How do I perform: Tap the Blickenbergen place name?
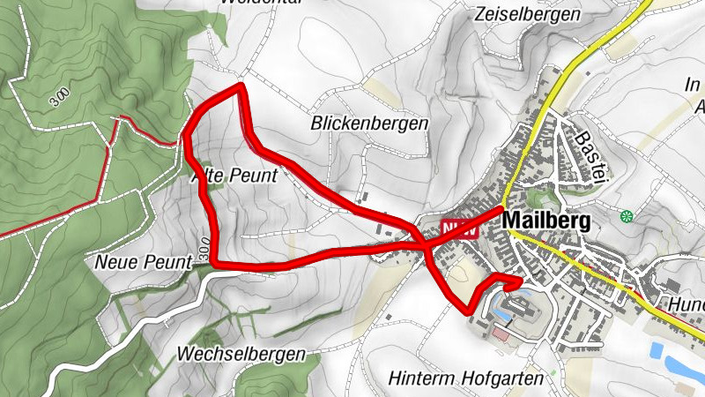369,124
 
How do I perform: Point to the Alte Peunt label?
234,176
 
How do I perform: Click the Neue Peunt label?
142,262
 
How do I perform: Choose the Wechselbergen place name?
241,354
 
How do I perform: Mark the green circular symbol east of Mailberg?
627,216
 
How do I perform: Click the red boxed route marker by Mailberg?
458,228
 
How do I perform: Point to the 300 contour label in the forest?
59,96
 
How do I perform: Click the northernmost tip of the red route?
240,86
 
